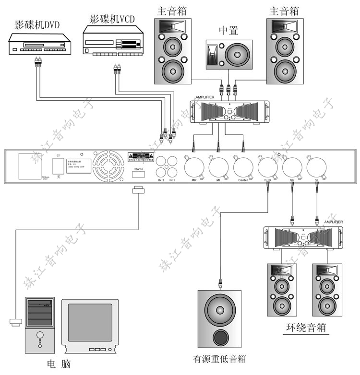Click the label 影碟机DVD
pos(37,25)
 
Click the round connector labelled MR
pos(194,167)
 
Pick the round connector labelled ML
pos(218,167)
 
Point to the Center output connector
pos(243,167)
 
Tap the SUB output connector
pos(267,167)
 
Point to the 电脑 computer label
pos(60,363)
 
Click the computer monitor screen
pos(90,323)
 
